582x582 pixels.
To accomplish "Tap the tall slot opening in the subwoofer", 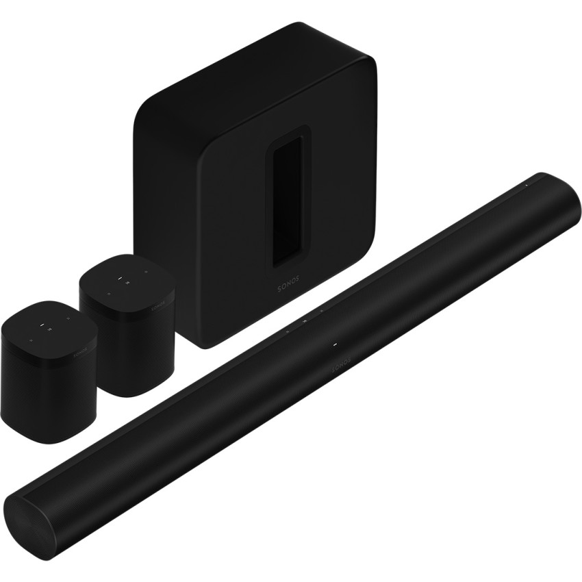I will point(288,205).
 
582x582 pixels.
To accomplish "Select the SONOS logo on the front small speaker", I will point(79,351).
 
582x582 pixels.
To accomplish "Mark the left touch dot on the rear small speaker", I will point(107,290).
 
